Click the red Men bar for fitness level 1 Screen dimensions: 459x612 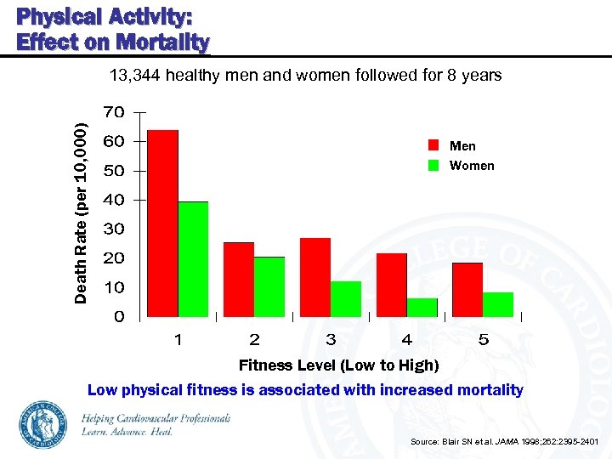(162, 223)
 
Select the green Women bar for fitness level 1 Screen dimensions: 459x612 (193, 258)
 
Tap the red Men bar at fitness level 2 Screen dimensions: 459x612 (239, 279)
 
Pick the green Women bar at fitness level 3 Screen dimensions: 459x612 (346, 298)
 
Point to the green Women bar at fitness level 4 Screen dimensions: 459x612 (422, 307)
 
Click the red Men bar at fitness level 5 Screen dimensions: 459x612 (467, 289)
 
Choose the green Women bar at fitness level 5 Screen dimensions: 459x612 (498, 303)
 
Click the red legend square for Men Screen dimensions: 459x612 (433, 145)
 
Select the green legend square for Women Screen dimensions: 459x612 (433, 165)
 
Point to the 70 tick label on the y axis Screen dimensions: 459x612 (114, 112)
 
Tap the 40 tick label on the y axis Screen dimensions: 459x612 (114, 200)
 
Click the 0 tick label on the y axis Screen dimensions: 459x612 (119, 316)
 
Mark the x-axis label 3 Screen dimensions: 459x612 (331, 340)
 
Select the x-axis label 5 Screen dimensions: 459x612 (483, 340)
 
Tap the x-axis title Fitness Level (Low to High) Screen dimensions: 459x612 (338, 365)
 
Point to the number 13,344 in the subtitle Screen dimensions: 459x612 (135, 75)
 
